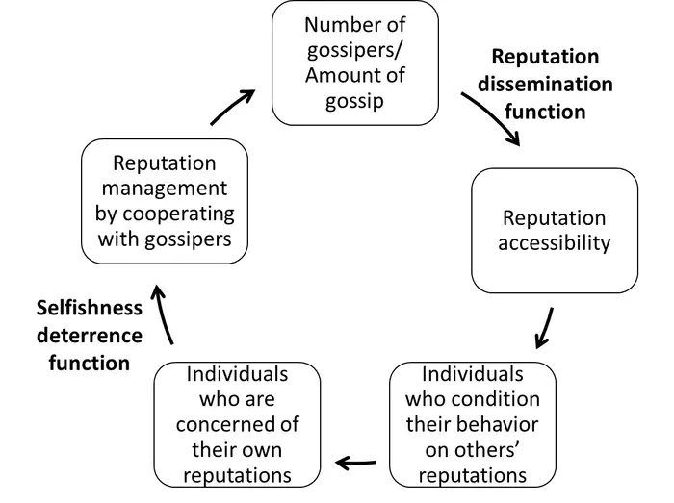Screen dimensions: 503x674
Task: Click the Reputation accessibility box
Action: [554, 231]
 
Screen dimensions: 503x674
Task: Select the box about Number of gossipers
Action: [354, 63]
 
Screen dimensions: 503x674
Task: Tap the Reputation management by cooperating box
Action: [164, 201]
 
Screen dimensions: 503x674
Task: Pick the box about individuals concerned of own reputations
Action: [237, 424]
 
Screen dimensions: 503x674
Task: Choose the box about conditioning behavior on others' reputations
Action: [473, 424]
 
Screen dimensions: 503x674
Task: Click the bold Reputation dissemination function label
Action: [545, 85]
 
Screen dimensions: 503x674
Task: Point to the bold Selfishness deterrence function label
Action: [89, 335]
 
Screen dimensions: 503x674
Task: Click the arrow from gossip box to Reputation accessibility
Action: [493, 118]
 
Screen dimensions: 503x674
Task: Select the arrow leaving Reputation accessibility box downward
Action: [545, 327]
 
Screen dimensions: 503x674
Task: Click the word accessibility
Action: [555, 243]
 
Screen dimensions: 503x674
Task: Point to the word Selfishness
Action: [89, 308]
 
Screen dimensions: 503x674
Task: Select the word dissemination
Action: [545, 85]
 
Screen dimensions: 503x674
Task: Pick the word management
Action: [165, 189]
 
